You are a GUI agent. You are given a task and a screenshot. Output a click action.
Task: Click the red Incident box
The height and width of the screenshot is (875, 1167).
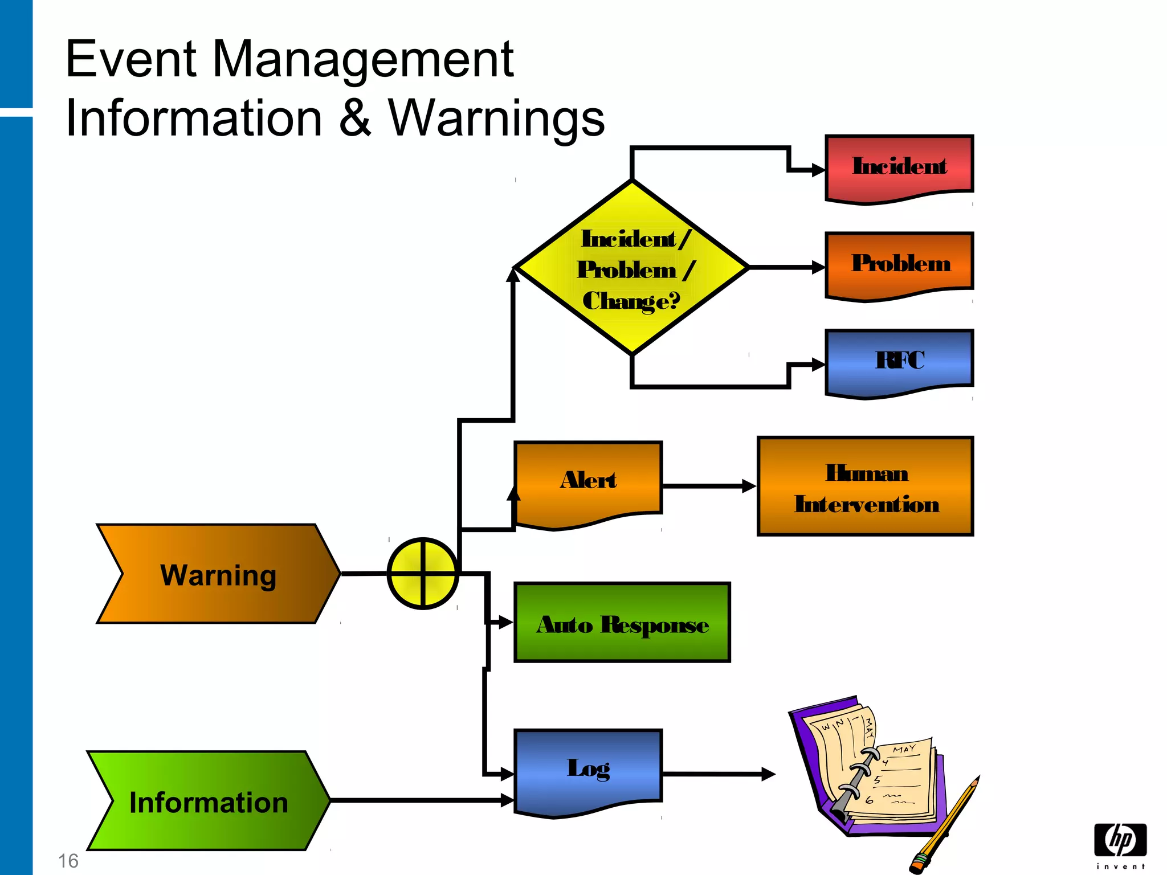(899, 166)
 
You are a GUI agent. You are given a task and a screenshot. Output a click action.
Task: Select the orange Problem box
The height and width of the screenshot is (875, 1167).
(899, 264)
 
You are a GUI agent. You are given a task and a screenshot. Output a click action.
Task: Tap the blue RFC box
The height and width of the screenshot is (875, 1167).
(899, 361)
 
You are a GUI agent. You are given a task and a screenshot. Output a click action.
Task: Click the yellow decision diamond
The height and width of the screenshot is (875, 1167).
(631, 268)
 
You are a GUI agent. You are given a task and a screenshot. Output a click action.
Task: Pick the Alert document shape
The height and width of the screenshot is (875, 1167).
(588, 481)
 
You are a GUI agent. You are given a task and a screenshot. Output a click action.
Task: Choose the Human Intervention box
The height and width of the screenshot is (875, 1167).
(865, 486)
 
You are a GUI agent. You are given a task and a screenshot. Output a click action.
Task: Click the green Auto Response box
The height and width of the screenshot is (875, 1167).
(622, 623)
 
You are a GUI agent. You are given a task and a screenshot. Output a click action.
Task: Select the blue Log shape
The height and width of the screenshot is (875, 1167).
(588, 769)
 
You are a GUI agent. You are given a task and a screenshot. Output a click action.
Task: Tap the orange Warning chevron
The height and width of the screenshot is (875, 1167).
(218, 574)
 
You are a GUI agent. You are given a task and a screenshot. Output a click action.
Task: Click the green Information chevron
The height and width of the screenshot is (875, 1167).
(209, 801)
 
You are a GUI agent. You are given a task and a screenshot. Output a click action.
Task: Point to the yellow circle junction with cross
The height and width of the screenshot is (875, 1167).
(423, 574)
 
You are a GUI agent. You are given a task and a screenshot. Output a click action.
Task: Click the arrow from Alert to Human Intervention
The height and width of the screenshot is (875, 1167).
(709, 486)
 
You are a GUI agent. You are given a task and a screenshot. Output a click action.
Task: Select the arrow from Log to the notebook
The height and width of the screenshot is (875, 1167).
(718, 774)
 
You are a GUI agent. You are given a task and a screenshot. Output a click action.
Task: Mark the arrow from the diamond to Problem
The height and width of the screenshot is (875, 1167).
(786, 267)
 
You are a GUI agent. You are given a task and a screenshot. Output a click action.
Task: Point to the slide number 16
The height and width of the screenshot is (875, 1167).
(68, 861)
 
